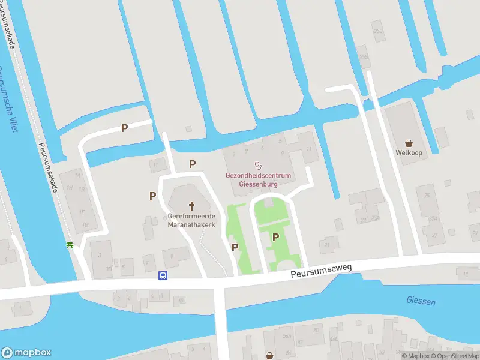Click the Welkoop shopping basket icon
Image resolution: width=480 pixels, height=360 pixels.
coord(409,143)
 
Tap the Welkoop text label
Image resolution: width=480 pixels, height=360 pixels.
coord(409,153)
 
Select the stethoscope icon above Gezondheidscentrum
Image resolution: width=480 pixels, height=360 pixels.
coord(259,164)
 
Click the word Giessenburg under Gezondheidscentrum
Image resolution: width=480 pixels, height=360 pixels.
coord(258,184)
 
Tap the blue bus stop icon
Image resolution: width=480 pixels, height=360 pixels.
coord(162,275)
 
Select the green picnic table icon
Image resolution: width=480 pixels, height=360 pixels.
coord(71,245)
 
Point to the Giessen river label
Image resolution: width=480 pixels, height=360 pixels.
coord(421,301)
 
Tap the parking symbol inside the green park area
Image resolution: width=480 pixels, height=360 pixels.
coord(275,237)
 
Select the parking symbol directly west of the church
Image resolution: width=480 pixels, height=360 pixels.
coord(153,196)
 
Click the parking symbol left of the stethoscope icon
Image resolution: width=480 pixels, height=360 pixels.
coord(193,164)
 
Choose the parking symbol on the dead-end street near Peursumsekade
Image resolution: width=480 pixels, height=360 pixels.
coord(125,128)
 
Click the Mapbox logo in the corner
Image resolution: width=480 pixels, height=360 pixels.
coord(26,353)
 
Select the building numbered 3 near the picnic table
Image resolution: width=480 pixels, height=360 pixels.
coord(99,254)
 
